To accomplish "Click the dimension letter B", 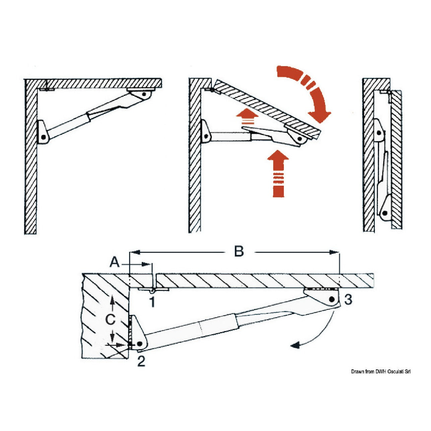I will pos(239,251).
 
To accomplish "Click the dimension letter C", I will pos(110,320).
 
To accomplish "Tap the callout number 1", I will pos(152,302).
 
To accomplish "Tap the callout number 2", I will pos(141,361).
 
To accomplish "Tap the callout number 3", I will pos(348,299).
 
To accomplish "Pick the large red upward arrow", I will pos(278,173).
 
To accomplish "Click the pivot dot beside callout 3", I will pos(332,299).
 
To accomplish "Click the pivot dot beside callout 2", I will pos(140,344).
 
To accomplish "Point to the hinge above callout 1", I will pos(153,289).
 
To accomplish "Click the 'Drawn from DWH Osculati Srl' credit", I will pos(380,371).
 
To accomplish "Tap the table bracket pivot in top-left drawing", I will pos(144,94).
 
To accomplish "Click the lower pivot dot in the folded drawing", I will pos(385,213).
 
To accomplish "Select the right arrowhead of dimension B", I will pos(333,252).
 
